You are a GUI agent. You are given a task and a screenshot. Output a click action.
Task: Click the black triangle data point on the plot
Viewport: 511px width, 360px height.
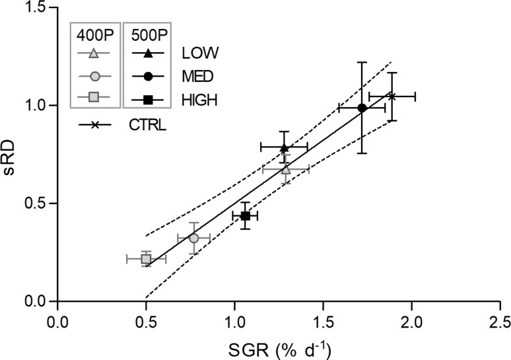pyautogui.click(x=284, y=147)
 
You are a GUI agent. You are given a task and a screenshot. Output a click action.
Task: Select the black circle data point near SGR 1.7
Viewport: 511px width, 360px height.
pyautogui.click(x=362, y=108)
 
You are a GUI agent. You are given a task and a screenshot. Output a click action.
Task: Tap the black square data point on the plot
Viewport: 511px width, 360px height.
pyautogui.click(x=245, y=215)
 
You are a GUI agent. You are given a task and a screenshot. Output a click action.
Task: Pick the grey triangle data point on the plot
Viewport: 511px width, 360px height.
pyautogui.click(x=285, y=170)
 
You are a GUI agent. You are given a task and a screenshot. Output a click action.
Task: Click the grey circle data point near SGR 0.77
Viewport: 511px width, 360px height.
pyautogui.click(x=193, y=238)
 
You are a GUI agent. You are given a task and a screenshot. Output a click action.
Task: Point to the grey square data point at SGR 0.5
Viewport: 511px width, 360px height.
pyautogui.click(x=146, y=259)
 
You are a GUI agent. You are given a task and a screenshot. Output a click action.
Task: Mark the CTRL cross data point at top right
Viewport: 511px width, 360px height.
pyautogui.click(x=392, y=96)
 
